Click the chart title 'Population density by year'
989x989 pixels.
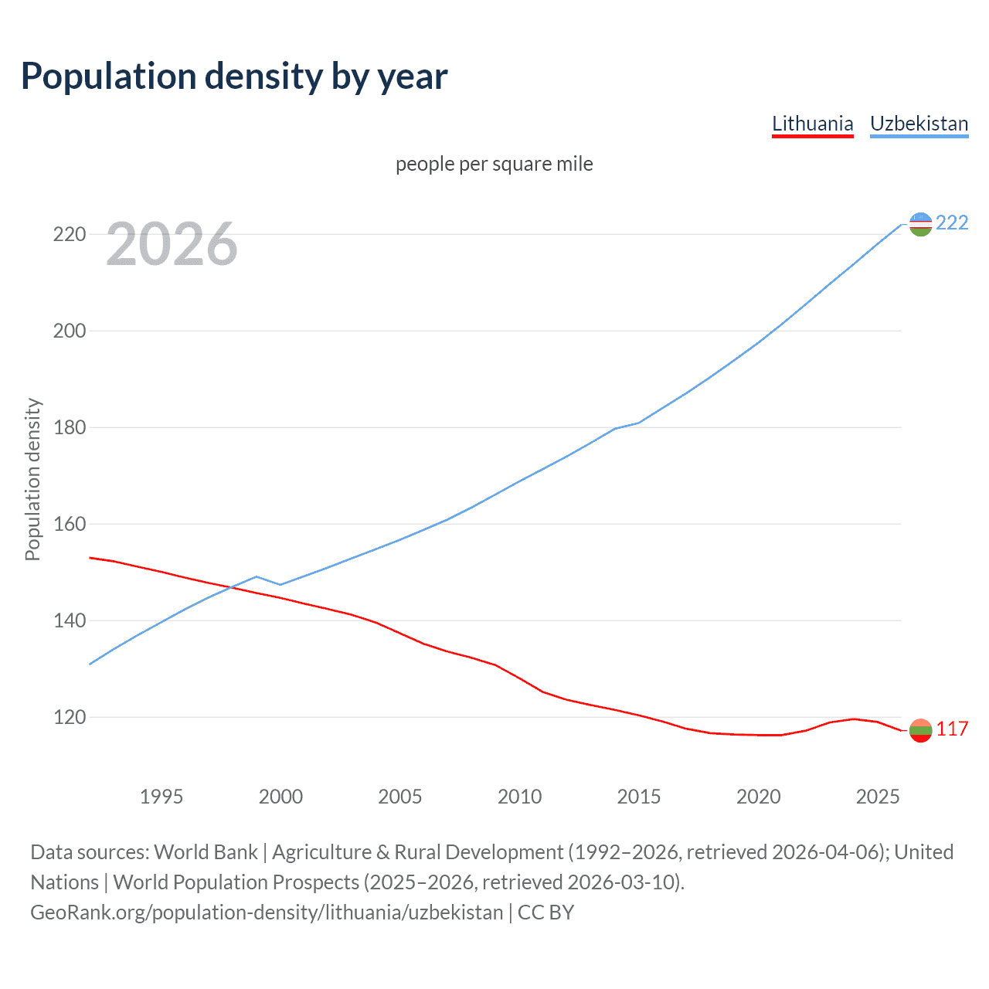click(234, 76)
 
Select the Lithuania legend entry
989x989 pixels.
click(812, 124)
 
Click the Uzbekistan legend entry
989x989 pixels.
click(919, 124)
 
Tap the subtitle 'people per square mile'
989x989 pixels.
click(494, 164)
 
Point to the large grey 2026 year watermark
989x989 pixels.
click(172, 244)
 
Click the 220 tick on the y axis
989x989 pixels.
click(69, 234)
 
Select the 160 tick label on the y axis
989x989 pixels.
click(69, 524)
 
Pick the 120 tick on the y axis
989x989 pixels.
click(69, 717)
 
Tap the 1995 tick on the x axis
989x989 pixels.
click(161, 797)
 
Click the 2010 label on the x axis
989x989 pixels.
click(519, 797)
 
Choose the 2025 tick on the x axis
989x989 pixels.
click(878, 797)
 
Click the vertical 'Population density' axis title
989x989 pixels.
click(32, 479)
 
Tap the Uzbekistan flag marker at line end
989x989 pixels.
click(920, 224)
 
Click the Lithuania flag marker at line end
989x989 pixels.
click(920, 730)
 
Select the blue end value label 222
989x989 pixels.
click(952, 223)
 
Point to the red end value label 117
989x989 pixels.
click(952, 729)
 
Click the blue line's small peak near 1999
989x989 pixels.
click(257, 576)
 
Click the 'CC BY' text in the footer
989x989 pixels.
click(545, 913)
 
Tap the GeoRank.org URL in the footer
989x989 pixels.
click(267, 913)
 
